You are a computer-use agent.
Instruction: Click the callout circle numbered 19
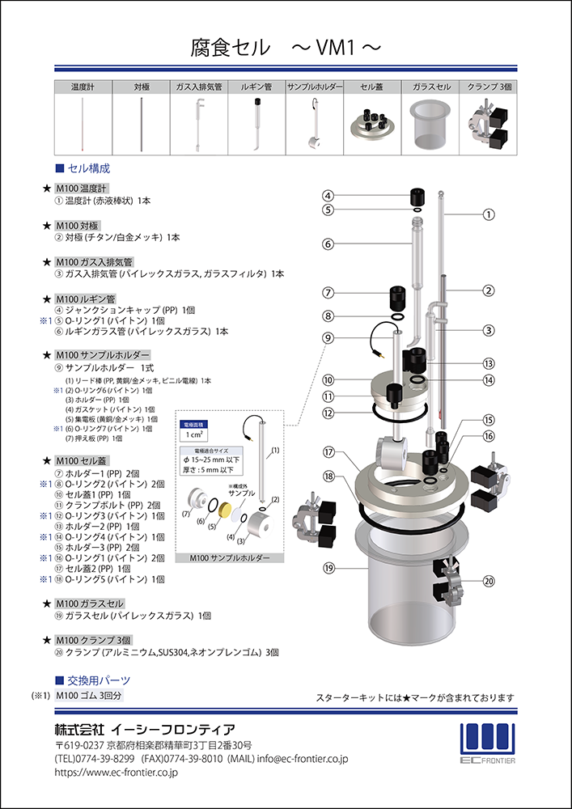pos(329,569)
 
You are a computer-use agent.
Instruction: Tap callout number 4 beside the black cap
pos(329,196)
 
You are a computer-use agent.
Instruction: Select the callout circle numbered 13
pos(489,364)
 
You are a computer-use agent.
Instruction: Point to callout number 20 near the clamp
pos(489,581)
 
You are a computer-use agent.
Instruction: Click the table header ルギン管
pos(256,87)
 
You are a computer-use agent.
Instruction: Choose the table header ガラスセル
pos(430,87)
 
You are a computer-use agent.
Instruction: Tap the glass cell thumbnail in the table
pos(430,124)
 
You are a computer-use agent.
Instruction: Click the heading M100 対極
pos(78,226)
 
